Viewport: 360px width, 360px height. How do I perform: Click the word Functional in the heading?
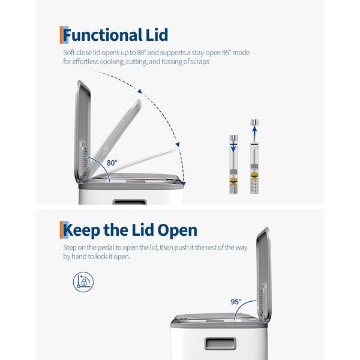(103, 35)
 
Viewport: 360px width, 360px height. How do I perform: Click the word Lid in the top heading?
(157, 35)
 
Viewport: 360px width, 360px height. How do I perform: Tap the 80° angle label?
(112, 163)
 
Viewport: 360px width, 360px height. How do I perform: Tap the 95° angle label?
(236, 301)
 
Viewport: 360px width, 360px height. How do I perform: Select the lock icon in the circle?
(83, 282)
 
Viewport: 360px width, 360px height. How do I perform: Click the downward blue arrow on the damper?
(233, 146)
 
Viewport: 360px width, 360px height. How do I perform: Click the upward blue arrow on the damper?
(254, 133)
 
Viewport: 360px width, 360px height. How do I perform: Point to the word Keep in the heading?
(82, 230)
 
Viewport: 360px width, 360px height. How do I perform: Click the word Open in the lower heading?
(177, 230)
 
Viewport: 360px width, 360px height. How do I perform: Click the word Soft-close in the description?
(77, 53)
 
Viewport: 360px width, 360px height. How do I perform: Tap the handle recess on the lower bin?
(220, 343)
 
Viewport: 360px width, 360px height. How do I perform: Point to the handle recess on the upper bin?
(130, 202)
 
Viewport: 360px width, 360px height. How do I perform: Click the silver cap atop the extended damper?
(254, 122)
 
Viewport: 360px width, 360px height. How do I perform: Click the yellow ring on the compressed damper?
(233, 181)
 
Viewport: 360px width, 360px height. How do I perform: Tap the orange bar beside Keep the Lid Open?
(61, 230)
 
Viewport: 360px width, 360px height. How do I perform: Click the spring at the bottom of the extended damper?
(254, 186)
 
